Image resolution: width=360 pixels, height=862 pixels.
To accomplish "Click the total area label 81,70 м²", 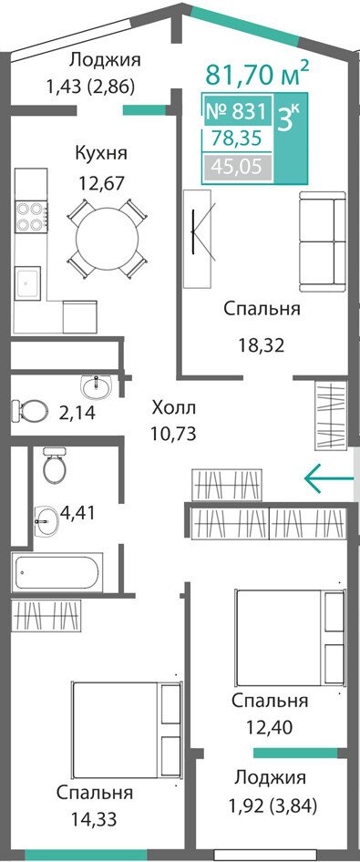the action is [x=257, y=73].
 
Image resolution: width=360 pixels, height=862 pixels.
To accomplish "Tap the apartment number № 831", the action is [x=236, y=112].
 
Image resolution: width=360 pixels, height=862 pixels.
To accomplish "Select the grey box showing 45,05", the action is [x=238, y=166].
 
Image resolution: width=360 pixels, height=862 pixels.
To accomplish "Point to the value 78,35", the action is [x=237, y=139].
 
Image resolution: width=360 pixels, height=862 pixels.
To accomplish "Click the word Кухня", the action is [x=101, y=153].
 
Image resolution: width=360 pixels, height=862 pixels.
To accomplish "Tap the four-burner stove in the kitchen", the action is [x=31, y=217].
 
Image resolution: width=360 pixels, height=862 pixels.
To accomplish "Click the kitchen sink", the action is [x=28, y=283].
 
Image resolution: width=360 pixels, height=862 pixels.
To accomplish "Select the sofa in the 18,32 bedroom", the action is [x=322, y=241].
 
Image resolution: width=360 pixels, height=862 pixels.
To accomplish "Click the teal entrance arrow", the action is [x=329, y=477].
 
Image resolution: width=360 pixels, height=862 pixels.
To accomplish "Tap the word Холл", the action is [x=174, y=408].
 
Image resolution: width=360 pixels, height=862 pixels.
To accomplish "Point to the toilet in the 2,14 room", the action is [x=27, y=409].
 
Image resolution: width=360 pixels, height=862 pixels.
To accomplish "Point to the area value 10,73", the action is [x=174, y=433].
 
